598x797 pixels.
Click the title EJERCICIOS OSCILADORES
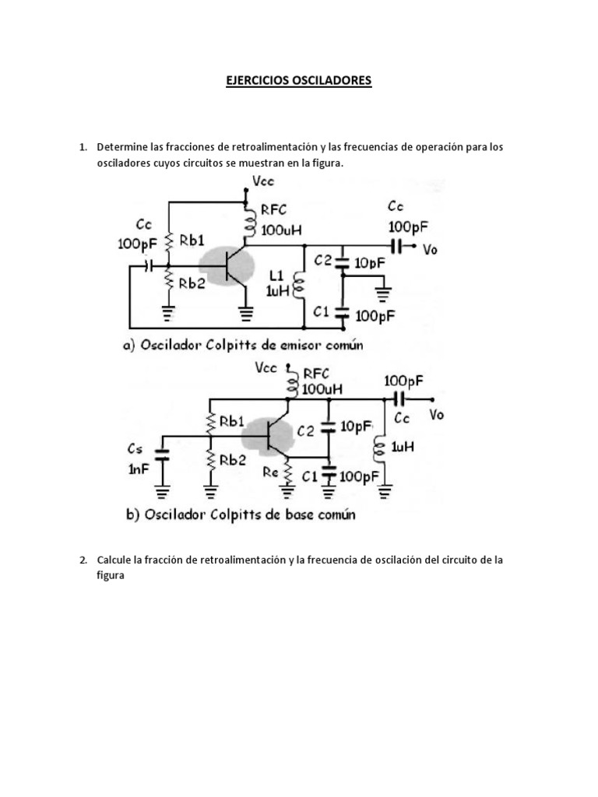pos(299,80)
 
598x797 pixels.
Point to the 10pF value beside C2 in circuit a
pos(370,263)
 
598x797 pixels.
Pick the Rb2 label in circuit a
pos(192,284)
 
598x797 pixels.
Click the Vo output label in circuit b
pos(436,415)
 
